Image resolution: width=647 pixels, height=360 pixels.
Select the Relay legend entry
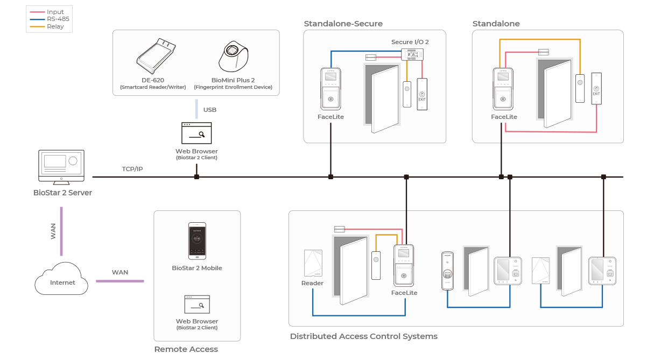tap(55, 26)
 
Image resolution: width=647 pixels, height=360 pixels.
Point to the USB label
tap(209, 110)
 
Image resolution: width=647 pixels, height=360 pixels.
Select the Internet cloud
tap(61, 279)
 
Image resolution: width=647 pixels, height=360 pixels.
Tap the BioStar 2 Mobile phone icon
tap(196, 241)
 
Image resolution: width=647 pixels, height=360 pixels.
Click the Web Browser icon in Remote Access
tap(196, 305)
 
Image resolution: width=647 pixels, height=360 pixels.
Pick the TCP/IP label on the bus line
tap(132, 169)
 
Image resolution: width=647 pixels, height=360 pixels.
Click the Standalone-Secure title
tap(343, 24)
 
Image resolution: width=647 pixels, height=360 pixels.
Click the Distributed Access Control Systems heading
tap(363, 336)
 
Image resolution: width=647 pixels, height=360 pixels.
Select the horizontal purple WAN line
tap(119, 281)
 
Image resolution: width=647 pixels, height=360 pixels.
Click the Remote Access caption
tap(186, 349)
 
